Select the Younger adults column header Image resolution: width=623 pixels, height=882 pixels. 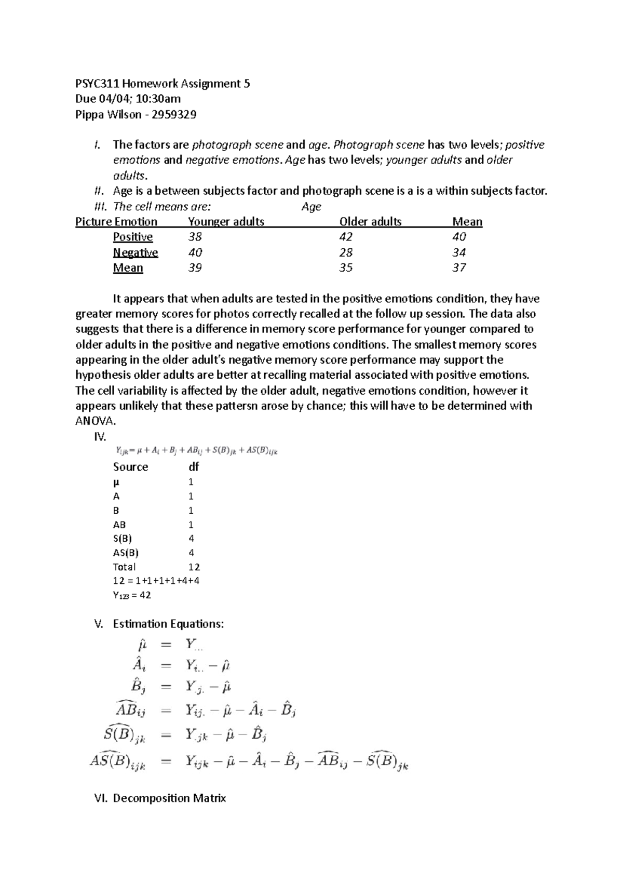click(x=226, y=222)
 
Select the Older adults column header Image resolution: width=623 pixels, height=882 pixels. click(x=370, y=222)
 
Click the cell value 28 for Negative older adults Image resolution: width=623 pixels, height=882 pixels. click(x=346, y=252)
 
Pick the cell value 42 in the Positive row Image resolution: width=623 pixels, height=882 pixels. click(x=346, y=237)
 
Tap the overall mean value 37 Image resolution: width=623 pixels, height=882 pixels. click(x=459, y=268)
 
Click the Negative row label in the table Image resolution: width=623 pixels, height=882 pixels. click(x=136, y=252)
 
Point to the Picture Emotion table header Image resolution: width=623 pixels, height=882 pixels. click(x=116, y=222)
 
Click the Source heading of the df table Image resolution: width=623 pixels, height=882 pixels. click(x=130, y=467)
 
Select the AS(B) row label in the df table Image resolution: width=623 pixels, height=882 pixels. click(x=126, y=553)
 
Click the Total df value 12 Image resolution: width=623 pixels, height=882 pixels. click(x=194, y=567)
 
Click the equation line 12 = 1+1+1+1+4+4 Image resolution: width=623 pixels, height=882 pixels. click(x=156, y=581)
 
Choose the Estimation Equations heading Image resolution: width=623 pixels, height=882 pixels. click(x=168, y=624)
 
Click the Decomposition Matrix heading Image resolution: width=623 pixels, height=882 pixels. click(x=169, y=798)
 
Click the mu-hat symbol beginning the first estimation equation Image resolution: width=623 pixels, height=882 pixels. click(x=142, y=646)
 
